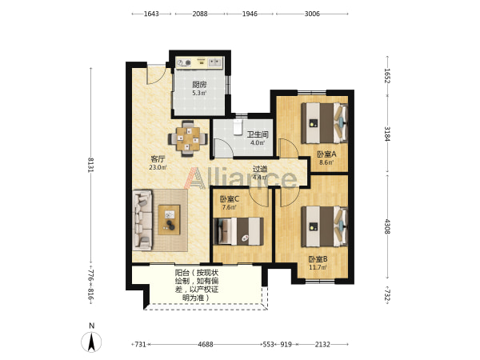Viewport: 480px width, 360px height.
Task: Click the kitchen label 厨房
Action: click(199, 85)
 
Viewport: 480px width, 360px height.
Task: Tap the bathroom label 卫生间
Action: click(258, 134)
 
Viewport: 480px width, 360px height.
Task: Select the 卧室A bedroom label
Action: click(326, 154)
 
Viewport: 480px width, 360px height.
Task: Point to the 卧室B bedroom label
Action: click(318, 259)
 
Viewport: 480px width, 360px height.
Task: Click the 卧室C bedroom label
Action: click(230, 199)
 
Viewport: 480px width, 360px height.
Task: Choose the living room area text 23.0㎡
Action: click(158, 167)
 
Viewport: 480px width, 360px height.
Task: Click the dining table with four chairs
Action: click(188, 139)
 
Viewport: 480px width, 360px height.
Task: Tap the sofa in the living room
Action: click(142, 220)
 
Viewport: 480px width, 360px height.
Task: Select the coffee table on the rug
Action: click(169, 220)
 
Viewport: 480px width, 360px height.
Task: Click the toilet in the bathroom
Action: click(238, 126)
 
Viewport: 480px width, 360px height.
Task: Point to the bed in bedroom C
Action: click(238, 231)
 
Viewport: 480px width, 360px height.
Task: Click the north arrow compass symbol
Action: click(91, 342)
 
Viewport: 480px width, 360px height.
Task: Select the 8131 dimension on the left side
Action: click(90, 165)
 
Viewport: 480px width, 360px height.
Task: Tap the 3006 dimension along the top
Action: click(312, 14)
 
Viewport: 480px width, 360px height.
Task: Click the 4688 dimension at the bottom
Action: click(206, 344)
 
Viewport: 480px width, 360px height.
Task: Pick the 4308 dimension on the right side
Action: click(387, 226)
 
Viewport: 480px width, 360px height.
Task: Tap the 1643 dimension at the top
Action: click(151, 14)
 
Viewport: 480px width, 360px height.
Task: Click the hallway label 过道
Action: click(260, 169)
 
